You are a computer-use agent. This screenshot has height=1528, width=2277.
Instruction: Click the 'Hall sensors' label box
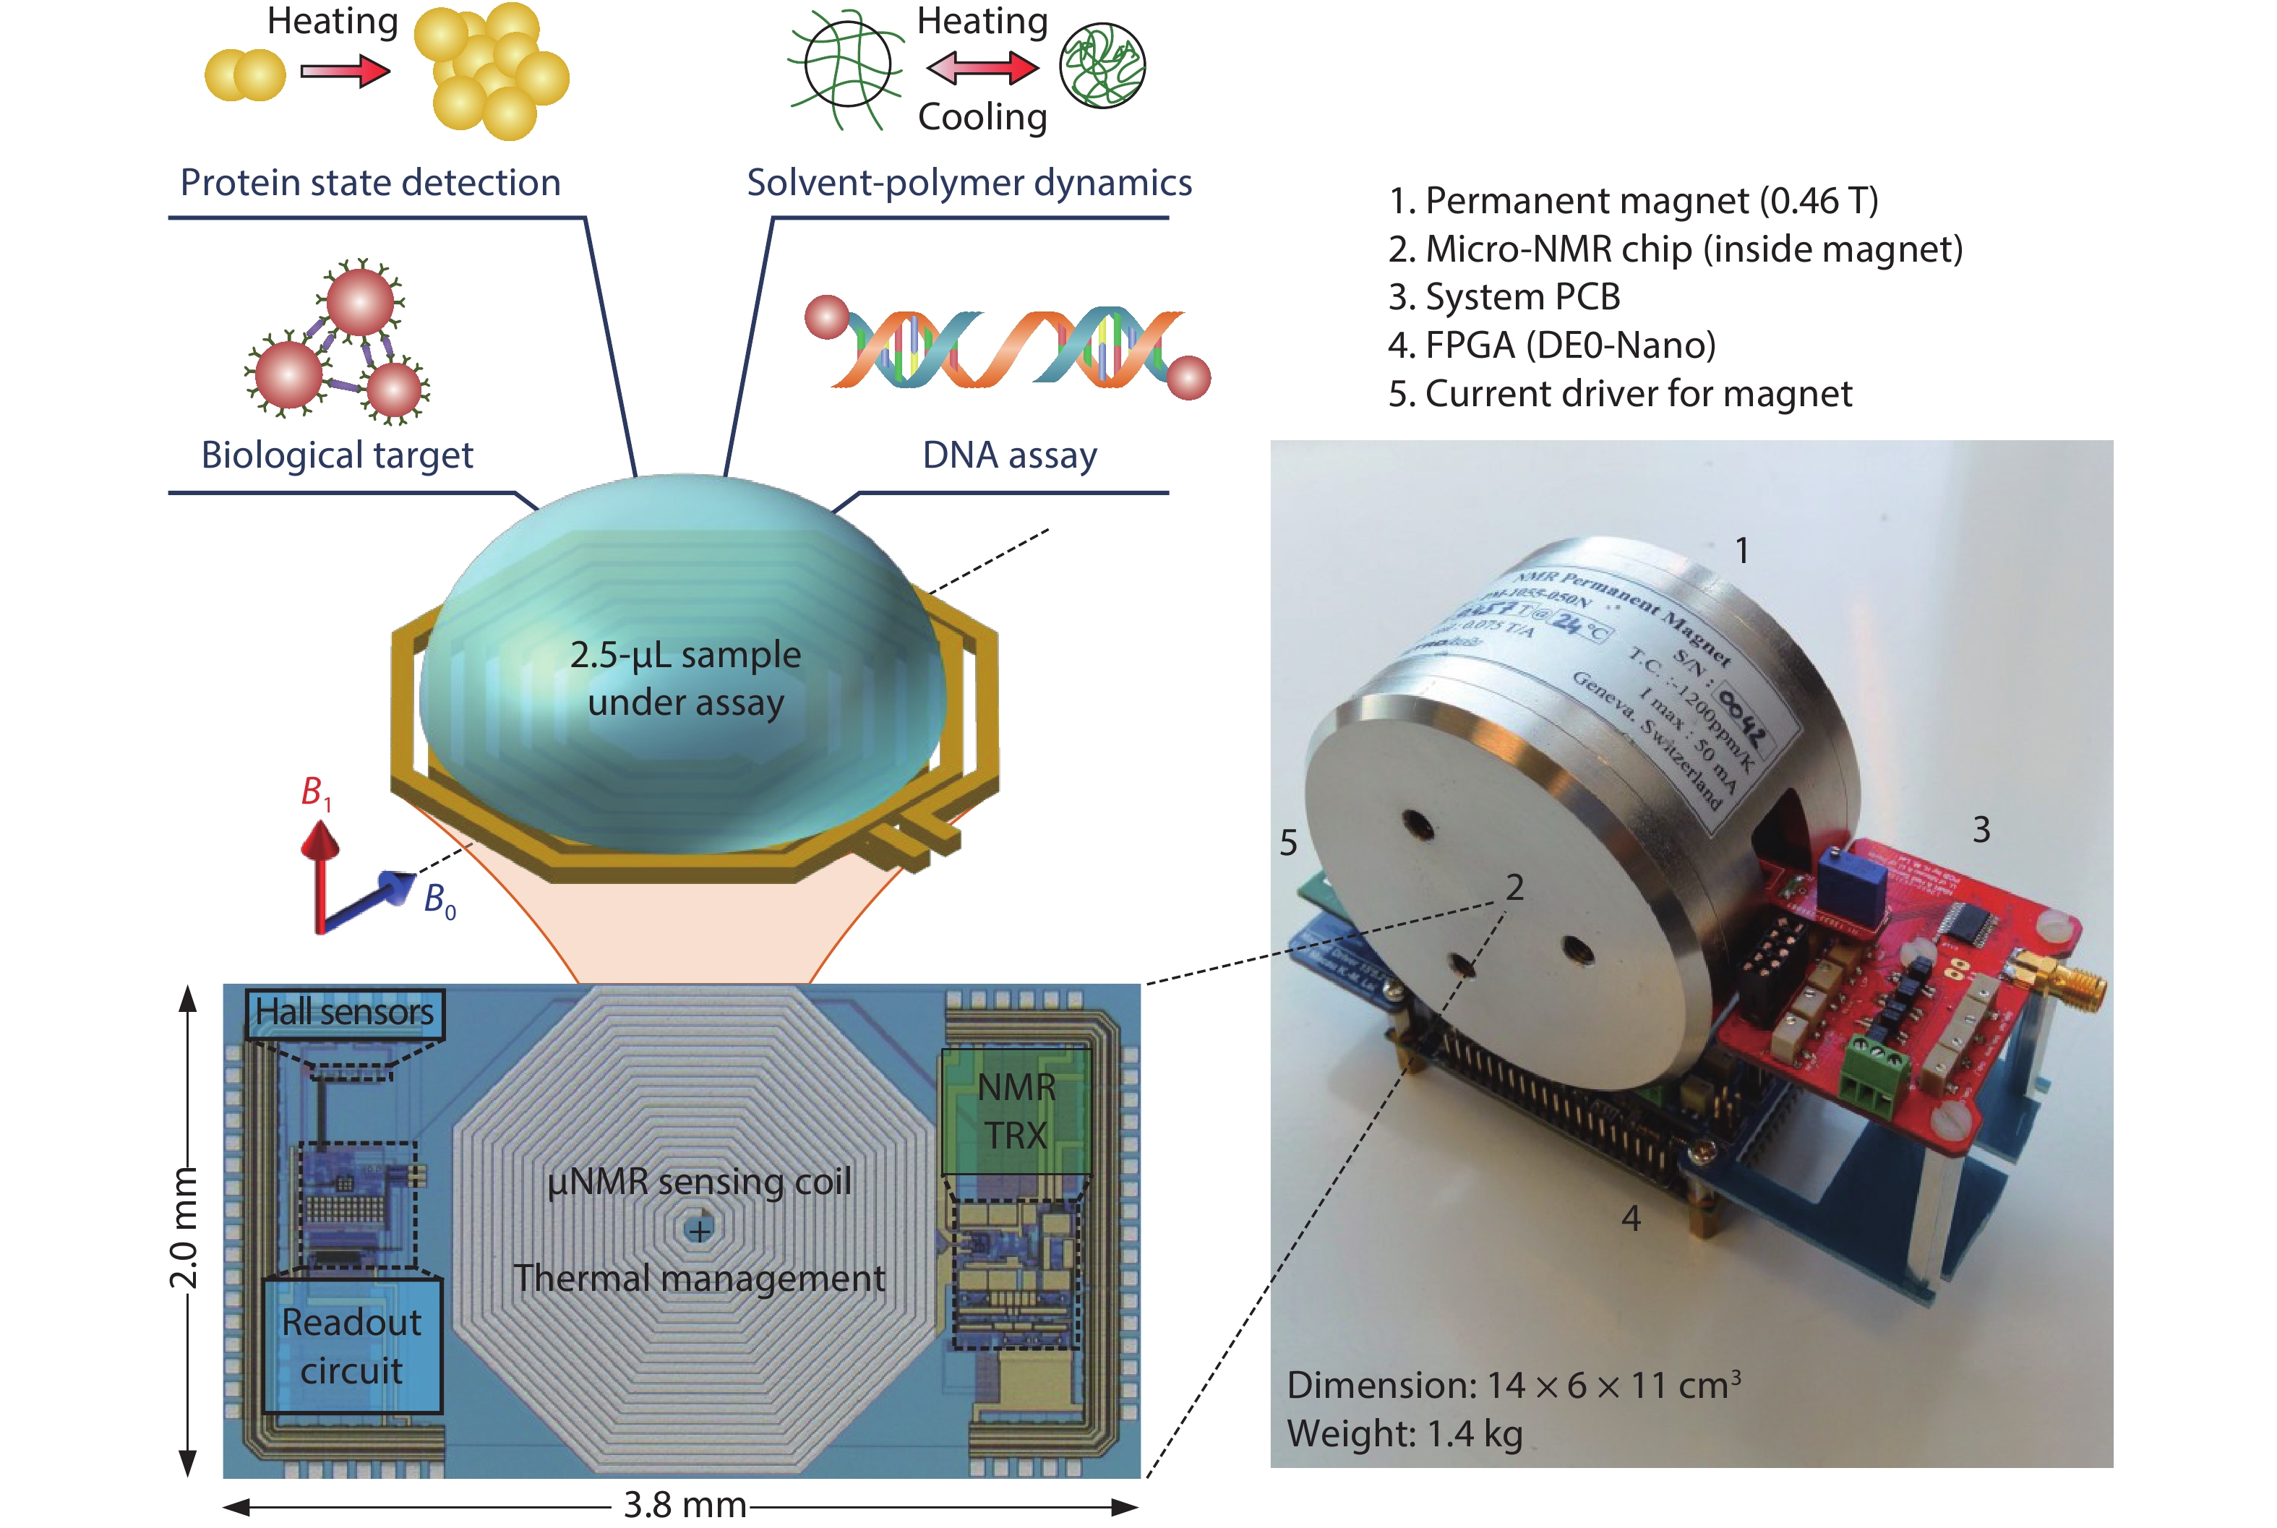click(345, 1013)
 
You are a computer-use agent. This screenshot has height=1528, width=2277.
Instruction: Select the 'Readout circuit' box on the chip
click(352, 1347)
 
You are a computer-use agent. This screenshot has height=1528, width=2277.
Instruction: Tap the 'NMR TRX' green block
click(1016, 1111)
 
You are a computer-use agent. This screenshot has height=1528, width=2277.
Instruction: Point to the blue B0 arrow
click(370, 898)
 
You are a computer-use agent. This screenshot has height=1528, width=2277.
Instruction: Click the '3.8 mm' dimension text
click(685, 1506)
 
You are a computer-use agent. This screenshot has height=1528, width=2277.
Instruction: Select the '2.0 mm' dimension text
click(183, 1228)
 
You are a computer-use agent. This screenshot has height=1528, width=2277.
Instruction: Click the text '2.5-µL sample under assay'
click(686, 678)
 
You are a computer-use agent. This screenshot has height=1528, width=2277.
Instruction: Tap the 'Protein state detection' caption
click(370, 183)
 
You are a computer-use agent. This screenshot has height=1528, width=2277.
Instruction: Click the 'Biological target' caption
click(337, 455)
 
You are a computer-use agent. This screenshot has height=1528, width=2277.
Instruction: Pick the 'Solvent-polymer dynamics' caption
click(969, 183)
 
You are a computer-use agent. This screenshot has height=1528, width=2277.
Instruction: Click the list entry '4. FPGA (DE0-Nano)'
click(1551, 345)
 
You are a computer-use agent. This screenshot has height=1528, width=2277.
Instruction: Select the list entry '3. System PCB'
click(1504, 297)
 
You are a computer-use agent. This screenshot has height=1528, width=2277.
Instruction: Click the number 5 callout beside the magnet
click(1288, 843)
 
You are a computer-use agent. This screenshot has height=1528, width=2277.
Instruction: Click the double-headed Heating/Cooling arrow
click(982, 68)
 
